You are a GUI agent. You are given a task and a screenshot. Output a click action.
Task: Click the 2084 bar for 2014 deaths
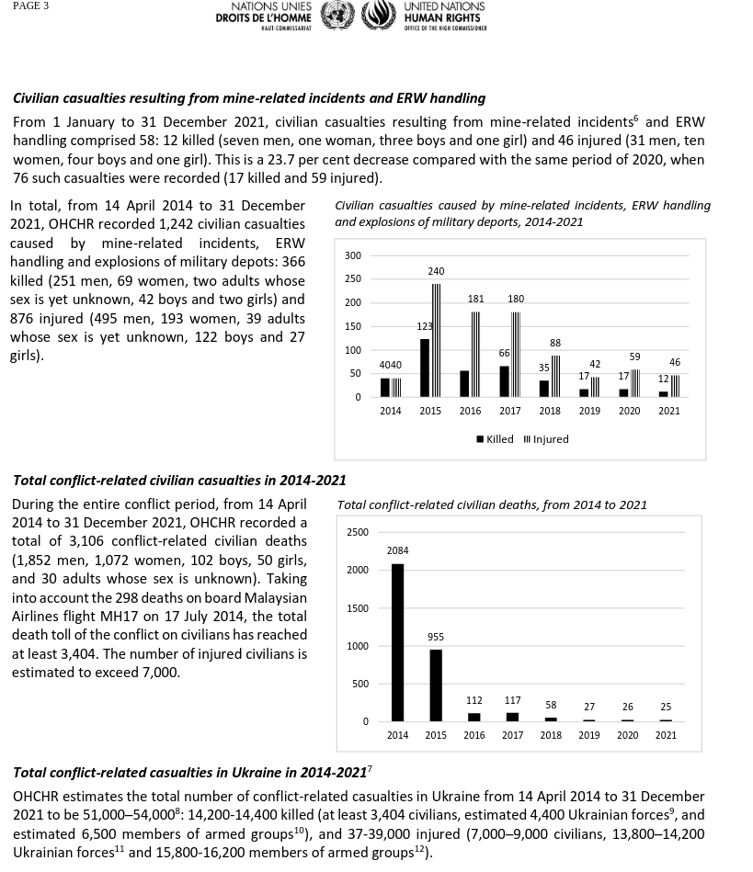(x=397, y=642)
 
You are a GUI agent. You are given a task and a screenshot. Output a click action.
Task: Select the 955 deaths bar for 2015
(x=436, y=685)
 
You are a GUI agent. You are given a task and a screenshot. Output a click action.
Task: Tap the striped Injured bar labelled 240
(x=437, y=340)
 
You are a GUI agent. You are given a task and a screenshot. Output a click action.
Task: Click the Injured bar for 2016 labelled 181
(x=476, y=355)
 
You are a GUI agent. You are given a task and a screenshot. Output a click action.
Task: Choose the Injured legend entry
(x=546, y=439)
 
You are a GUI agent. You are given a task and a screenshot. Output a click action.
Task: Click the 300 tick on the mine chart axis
(x=353, y=255)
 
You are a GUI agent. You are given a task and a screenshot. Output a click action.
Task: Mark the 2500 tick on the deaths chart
(x=358, y=532)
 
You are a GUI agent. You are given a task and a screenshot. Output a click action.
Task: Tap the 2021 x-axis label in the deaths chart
(x=666, y=735)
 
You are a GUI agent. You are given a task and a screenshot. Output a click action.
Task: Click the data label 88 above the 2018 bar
(x=555, y=343)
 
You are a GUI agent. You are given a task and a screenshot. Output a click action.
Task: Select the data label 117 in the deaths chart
(x=512, y=700)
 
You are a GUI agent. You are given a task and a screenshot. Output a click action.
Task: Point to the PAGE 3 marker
(x=30, y=6)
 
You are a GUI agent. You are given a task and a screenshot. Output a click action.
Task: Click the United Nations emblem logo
(x=337, y=16)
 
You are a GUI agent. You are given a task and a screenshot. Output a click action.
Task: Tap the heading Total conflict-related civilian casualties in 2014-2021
(x=179, y=480)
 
